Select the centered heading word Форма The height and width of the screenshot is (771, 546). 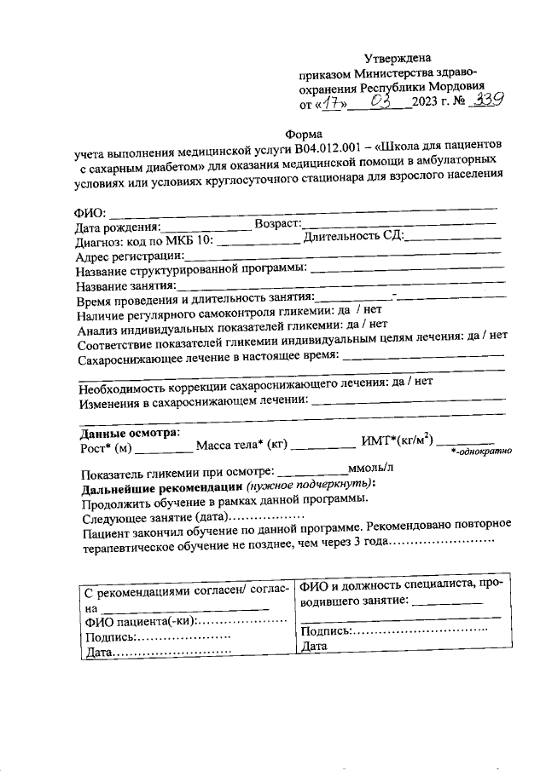303,133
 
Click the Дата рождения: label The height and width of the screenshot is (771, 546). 117,227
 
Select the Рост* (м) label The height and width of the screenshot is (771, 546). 106,446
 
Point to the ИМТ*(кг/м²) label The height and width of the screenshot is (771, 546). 397,440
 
